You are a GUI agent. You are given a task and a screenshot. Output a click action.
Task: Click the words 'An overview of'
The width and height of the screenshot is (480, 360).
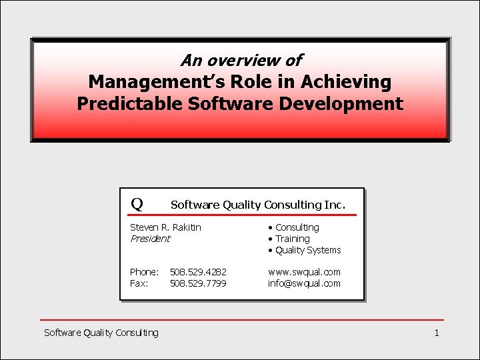pyautogui.click(x=241, y=61)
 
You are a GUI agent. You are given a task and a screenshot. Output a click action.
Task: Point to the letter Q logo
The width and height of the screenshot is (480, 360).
pyautogui.click(x=137, y=203)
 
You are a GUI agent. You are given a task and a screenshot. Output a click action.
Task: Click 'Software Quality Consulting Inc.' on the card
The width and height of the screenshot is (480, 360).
pyautogui.click(x=258, y=205)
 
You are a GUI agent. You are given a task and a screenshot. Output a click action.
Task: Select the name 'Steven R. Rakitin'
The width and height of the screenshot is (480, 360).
pyautogui.click(x=165, y=227)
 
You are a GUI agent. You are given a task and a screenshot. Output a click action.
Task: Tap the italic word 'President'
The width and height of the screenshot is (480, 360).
pyautogui.click(x=150, y=239)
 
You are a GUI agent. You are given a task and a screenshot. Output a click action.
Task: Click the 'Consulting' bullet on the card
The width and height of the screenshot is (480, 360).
pyautogui.click(x=297, y=227)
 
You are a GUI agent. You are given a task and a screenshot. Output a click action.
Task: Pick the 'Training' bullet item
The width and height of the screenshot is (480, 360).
pyautogui.click(x=292, y=239)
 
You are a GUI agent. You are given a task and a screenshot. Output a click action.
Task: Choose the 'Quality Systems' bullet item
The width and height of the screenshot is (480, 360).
pyautogui.click(x=307, y=250)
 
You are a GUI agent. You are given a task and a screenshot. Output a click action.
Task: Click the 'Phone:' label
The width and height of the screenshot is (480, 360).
pyautogui.click(x=144, y=272)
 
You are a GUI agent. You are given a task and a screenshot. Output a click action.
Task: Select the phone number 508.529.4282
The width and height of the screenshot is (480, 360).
pyautogui.click(x=198, y=272)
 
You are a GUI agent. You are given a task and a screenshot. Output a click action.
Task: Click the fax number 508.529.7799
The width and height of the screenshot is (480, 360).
pyautogui.click(x=198, y=283)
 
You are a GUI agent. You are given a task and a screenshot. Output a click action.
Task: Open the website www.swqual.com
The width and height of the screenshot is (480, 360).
pyautogui.click(x=304, y=272)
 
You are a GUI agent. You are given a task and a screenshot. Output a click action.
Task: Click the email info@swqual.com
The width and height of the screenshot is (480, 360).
pyautogui.click(x=304, y=283)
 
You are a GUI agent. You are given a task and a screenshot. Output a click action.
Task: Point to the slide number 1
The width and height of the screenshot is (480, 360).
pyautogui.click(x=436, y=332)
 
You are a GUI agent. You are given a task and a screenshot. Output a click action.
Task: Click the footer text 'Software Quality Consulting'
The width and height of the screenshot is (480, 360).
pyautogui.click(x=101, y=332)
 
